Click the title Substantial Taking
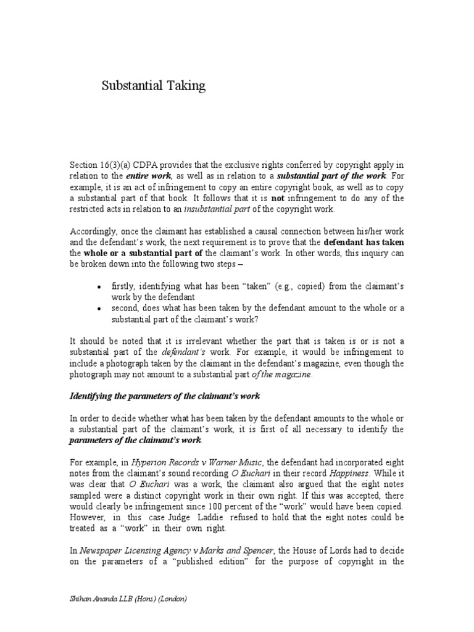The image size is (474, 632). point(153,87)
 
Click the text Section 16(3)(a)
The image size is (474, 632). point(98,165)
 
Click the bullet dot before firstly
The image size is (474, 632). point(99,286)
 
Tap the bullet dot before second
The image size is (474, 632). point(99,309)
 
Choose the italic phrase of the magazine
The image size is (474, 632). point(283,374)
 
